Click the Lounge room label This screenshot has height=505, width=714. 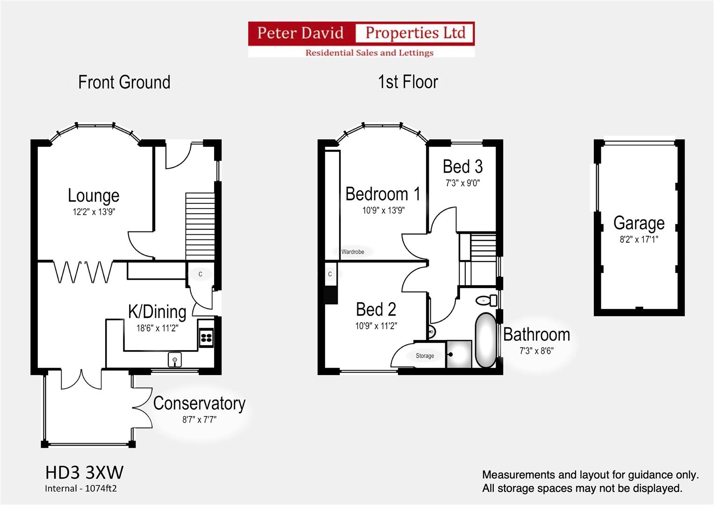(x=94, y=195)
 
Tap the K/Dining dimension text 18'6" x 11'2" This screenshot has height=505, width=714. (x=157, y=328)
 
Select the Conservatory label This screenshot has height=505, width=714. (x=199, y=403)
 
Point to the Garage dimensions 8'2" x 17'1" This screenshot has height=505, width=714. (x=639, y=239)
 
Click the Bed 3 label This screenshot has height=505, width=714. (x=463, y=166)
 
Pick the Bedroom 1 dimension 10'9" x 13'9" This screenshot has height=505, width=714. (x=383, y=210)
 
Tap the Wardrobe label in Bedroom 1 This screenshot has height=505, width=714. (x=353, y=252)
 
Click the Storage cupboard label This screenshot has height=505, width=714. (x=425, y=355)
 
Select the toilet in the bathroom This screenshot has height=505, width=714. (x=486, y=300)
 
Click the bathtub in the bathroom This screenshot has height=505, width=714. (x=486, y=340)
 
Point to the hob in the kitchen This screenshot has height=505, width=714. (x=206, y=338)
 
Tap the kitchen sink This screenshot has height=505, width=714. (x=175, y=360)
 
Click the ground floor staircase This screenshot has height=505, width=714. (x=200, y=226)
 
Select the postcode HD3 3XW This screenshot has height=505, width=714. (x=84, y=472)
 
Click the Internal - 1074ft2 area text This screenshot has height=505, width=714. (x=80, y=489)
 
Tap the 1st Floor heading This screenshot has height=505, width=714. (x=408, y=82)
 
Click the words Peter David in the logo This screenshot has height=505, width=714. (x=300, y=33)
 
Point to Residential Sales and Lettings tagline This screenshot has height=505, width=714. (x=369, y=52)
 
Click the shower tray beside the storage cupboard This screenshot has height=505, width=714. (x=459, y=354)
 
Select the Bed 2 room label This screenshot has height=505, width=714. (x=376, y=309)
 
